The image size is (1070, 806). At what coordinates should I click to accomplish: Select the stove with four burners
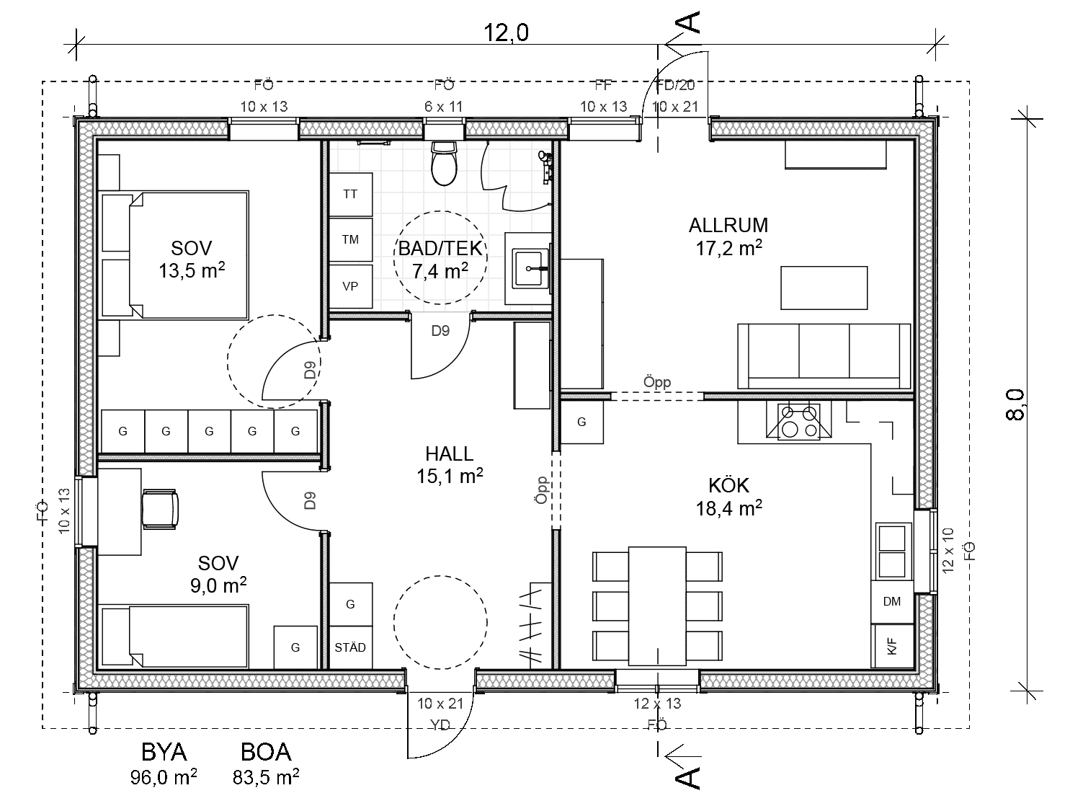(798, 421)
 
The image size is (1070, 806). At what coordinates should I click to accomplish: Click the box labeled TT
(350, 195)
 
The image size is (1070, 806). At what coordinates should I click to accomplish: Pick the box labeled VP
(350, 286)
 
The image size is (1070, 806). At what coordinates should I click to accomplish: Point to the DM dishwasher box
(892, 602)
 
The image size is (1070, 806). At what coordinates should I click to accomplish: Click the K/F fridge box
(893, 646)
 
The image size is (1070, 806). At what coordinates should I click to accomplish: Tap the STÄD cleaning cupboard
(350, 647)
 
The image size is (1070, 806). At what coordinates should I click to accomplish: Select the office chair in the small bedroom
(159, 509)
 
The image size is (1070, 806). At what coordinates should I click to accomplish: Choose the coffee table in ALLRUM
(824, 288)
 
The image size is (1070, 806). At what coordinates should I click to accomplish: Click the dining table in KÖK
(656, 606)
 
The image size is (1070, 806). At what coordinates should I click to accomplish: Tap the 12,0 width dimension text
(506, 32)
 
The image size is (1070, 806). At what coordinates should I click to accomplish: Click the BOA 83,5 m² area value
(266, 777)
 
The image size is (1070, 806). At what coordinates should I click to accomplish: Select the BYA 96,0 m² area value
(164, 777)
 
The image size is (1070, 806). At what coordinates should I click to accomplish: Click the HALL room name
(449, 453)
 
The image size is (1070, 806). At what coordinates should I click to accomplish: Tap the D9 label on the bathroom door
(440, 331)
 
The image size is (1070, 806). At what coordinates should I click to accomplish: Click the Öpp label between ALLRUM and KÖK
(656, 382)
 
